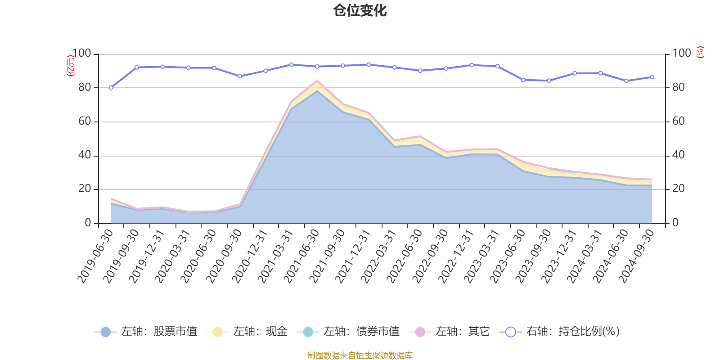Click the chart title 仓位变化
pyautogui.click(x=360, y=10)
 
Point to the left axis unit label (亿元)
pyautogui.click(x=71, y=66)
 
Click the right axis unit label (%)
pyautogui.click(x=700, y=52)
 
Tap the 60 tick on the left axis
pyautogui.click(x=85, y=121)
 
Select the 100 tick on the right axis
pyautogui.click(x=682, y=54)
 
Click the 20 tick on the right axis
pyautogui.click(x=679, y=189)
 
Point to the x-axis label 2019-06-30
pyautogui.click(x=95, y=256)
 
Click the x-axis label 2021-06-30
pyautogui.click(x=302, y=256)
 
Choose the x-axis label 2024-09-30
pyautogui.click(x=637, y=256)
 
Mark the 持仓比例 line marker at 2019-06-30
pyautogui.click(x=111, y=87)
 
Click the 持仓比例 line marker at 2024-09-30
pyautogui.click(x=652, y=77)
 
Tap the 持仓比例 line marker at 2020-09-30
pyautogui.click(x=240, y=76)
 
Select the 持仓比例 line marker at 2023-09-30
pyautogui.click(x=549, y=81)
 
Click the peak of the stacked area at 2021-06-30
pyautogui.click(x=317, y=81)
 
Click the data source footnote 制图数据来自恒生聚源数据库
pyautogui.click(x=360, y=355)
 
